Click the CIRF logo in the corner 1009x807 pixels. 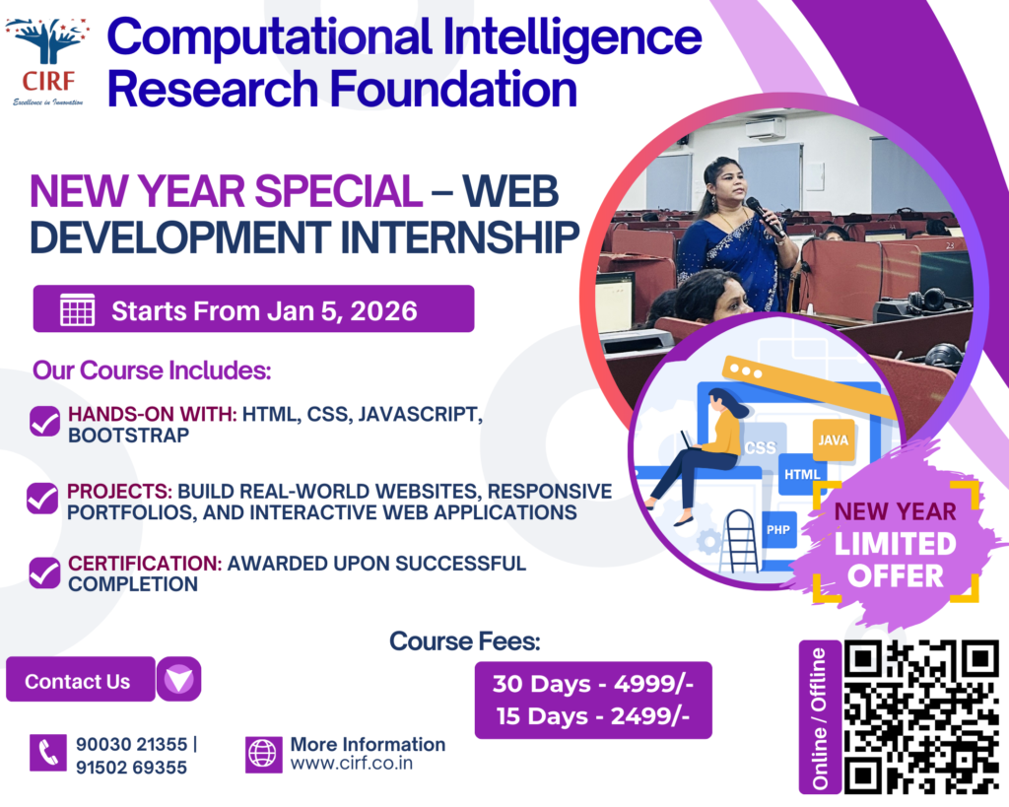(48, 62)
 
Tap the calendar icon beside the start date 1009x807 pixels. (77, 309)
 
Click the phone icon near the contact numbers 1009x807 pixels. (47, 752)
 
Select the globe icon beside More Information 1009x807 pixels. (263, 754)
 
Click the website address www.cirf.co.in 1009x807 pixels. (352, 764)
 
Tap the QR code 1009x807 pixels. (921, 716)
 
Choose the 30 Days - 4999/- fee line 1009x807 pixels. (592, 684)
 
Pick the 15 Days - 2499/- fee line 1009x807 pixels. (592, 715)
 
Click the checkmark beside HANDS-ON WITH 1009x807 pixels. (45, 421)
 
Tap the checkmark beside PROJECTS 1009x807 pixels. (42, 499)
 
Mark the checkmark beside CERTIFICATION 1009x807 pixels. (45, 572)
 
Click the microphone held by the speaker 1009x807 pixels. (765, 217)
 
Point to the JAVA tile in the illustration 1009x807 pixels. (834, 439)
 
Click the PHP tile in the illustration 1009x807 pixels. (778, 530)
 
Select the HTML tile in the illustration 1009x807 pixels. (802, 474)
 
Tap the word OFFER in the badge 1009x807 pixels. (895, 576)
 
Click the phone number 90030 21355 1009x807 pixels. (131, 745)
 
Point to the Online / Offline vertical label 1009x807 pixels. (819, 717)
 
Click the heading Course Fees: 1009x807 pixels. (465, 640)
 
